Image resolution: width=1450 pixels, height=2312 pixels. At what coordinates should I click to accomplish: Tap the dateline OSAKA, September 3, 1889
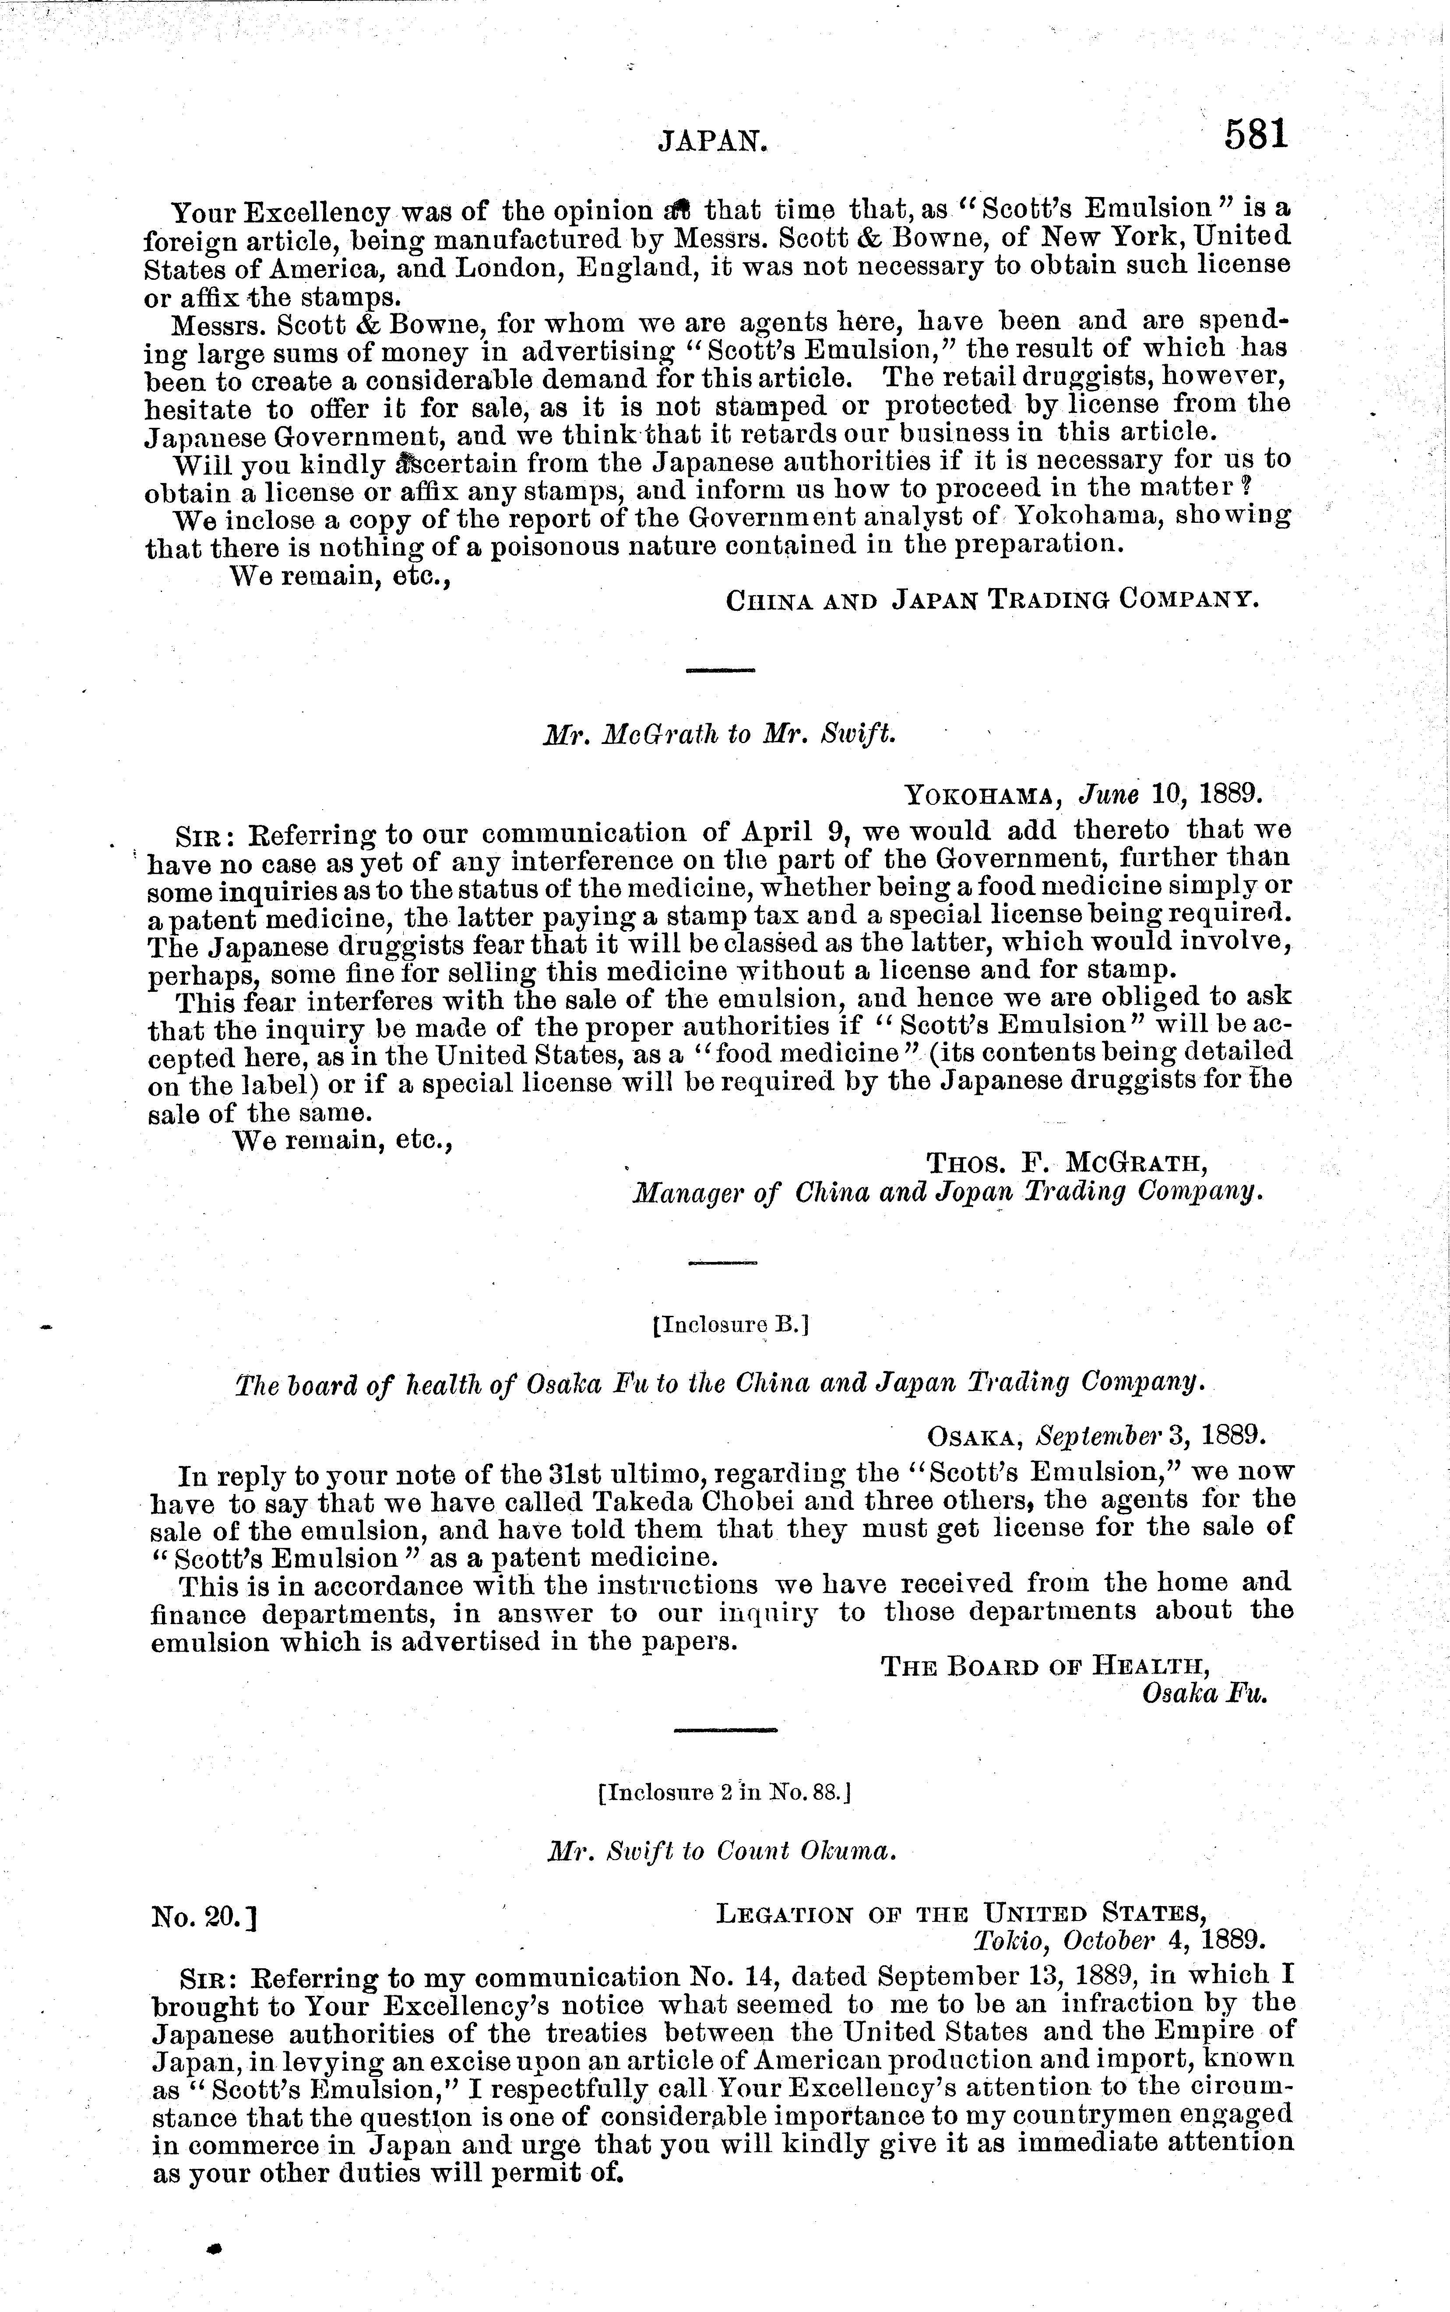pos(1096,1435)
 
